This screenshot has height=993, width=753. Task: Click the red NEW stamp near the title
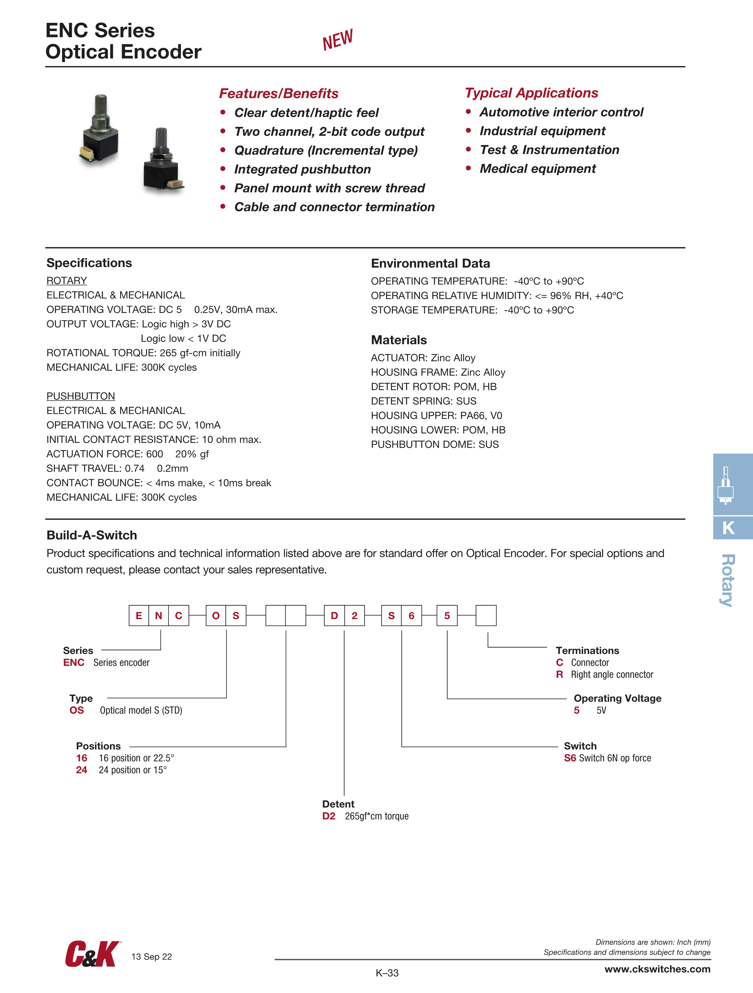click(337, 40)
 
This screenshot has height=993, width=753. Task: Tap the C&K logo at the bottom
click(92, 954)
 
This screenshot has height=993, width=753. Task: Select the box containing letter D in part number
click(334, 616)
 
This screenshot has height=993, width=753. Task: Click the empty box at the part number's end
click(486, 616)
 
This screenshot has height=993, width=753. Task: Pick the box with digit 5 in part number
click(447, 616)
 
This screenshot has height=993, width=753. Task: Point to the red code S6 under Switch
click(570, 758)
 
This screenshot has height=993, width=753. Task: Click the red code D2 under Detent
click(329, 816)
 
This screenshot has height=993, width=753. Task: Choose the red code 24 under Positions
click(82, 770)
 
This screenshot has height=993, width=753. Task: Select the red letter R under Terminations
click(559, 674)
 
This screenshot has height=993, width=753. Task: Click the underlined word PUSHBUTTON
click(81, 396)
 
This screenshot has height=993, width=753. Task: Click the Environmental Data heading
click(430, 264)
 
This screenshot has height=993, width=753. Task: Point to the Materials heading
click(399, 340)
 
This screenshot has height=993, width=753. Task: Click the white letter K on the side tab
click(729, 528)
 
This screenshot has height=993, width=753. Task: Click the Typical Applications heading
click(531, 93)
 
